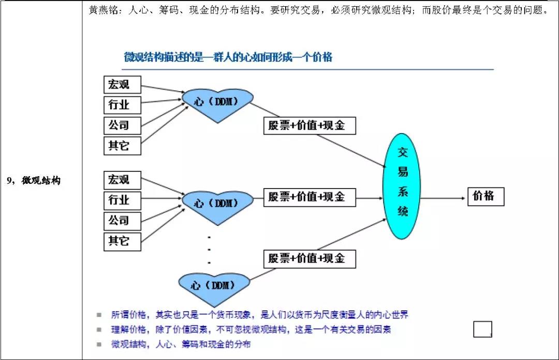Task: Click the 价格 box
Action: (x=486, y=196)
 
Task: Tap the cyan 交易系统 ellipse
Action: (x=402, y=186)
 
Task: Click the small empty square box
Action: (x=482, y=329)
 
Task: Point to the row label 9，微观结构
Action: (x=34, y=181)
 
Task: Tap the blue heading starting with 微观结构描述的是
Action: (x=228, y=57)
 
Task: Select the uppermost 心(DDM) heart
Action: (x=217, y=102)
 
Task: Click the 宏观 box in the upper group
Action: (x=122, y=84)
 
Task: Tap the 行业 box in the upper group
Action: (x=122, y=105)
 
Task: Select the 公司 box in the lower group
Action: (x=122, y=221)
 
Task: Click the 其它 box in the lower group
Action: (x=122, y=241)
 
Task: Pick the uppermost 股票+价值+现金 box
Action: (x=310, y=125)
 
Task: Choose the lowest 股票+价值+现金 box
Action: (x=310, y=258)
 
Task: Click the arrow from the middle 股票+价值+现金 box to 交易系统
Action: (x=370, y=197)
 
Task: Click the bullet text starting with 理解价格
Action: (x=251, y=329)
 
